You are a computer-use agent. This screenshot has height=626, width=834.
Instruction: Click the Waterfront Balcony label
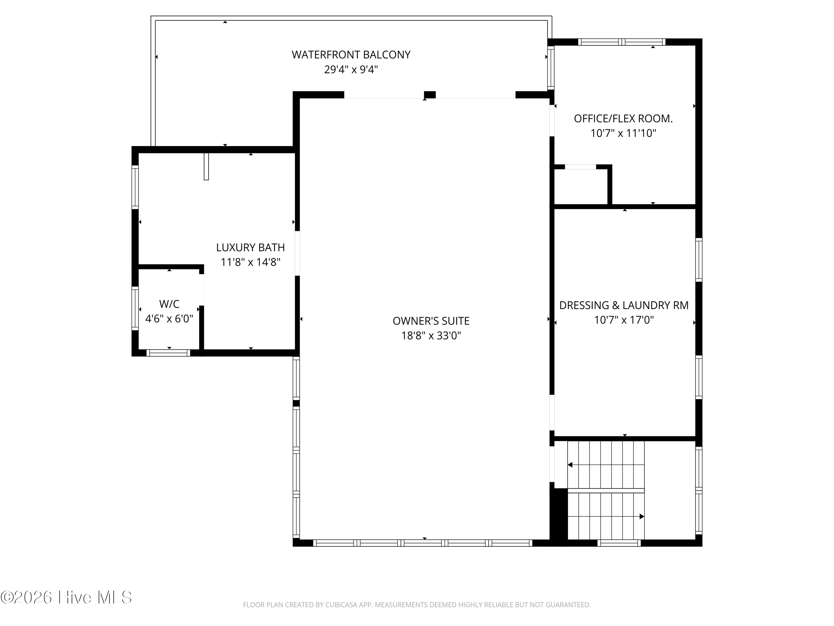tap(351, 55)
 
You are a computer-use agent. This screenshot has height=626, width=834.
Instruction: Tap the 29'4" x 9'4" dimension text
tap(351, 70)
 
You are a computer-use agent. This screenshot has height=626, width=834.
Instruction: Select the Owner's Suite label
tap(431, 321)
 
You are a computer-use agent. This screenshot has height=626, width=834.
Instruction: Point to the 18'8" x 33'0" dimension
tap(431, 336)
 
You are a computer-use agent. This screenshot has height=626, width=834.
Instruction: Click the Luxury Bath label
tap(250, 248)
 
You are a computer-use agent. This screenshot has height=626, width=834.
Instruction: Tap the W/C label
tap(169, 304)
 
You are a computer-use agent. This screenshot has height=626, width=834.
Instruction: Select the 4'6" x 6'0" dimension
tap(169, 319)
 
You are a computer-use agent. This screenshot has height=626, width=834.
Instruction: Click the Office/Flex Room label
tap(623, 119)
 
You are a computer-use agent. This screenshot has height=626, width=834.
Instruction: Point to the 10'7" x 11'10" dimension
tap(623, 133)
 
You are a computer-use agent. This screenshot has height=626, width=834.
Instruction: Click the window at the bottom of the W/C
tap(168, 353)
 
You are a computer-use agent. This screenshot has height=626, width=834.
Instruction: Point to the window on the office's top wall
tap(622, 42)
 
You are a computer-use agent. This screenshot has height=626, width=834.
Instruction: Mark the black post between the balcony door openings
tap(430, 95)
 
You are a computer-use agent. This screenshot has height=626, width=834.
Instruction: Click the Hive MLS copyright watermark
tap(66, 597)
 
